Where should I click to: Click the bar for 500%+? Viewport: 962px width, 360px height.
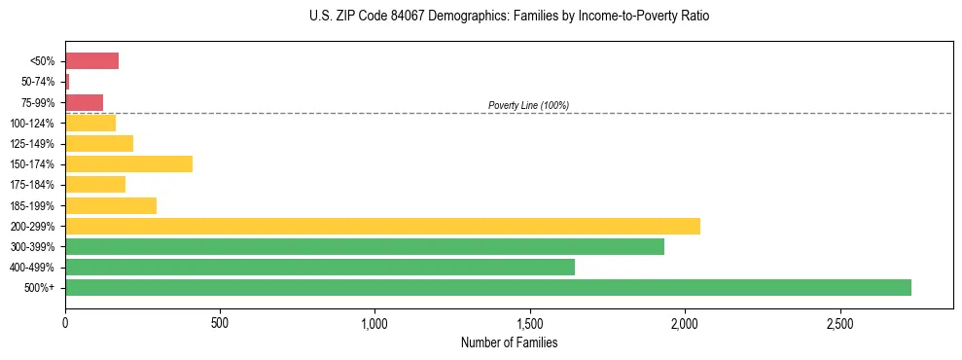point(487,287)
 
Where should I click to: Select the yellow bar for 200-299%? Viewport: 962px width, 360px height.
point(382,226)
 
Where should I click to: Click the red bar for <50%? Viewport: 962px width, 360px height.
point(91,61)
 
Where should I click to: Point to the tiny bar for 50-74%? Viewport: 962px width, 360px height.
point(67,82)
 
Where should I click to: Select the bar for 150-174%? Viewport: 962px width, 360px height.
point(128,163)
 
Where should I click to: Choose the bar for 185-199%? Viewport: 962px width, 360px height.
point(111,205)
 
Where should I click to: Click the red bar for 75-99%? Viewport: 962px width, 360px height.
point(84,102)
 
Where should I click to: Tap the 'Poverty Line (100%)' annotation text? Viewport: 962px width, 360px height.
point(528,105)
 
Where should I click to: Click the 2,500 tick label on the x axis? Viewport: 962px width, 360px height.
point(839,322)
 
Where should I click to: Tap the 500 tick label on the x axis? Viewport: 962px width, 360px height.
point(220,322)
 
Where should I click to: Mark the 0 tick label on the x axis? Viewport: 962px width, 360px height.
point(65,322)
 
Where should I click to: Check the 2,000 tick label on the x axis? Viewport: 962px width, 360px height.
point(685,322)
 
